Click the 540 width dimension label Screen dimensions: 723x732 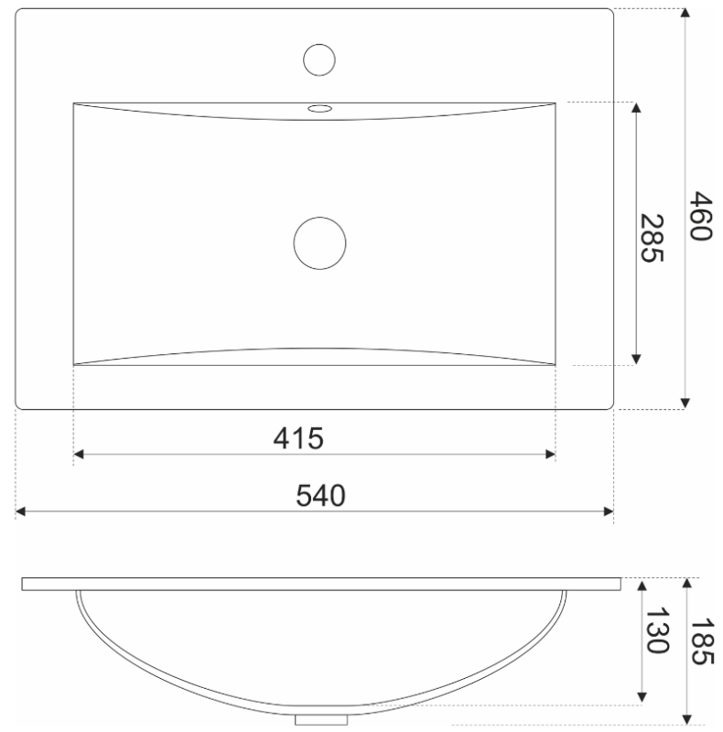(x=321, y=496)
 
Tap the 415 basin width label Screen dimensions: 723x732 (x=298, y=439)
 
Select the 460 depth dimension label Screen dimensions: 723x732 (x=701, y=216)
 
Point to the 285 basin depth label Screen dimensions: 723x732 (x=652, y=238)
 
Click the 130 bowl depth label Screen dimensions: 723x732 (x=657, y=630)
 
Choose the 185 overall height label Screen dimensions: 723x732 (x=703, y=641)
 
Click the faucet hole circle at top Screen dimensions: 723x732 (x=319, y=59)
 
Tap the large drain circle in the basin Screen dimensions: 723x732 (x=320, y=243)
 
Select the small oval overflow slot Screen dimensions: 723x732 (x=320, y=109)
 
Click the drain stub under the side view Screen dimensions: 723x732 (x=321, y=719)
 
